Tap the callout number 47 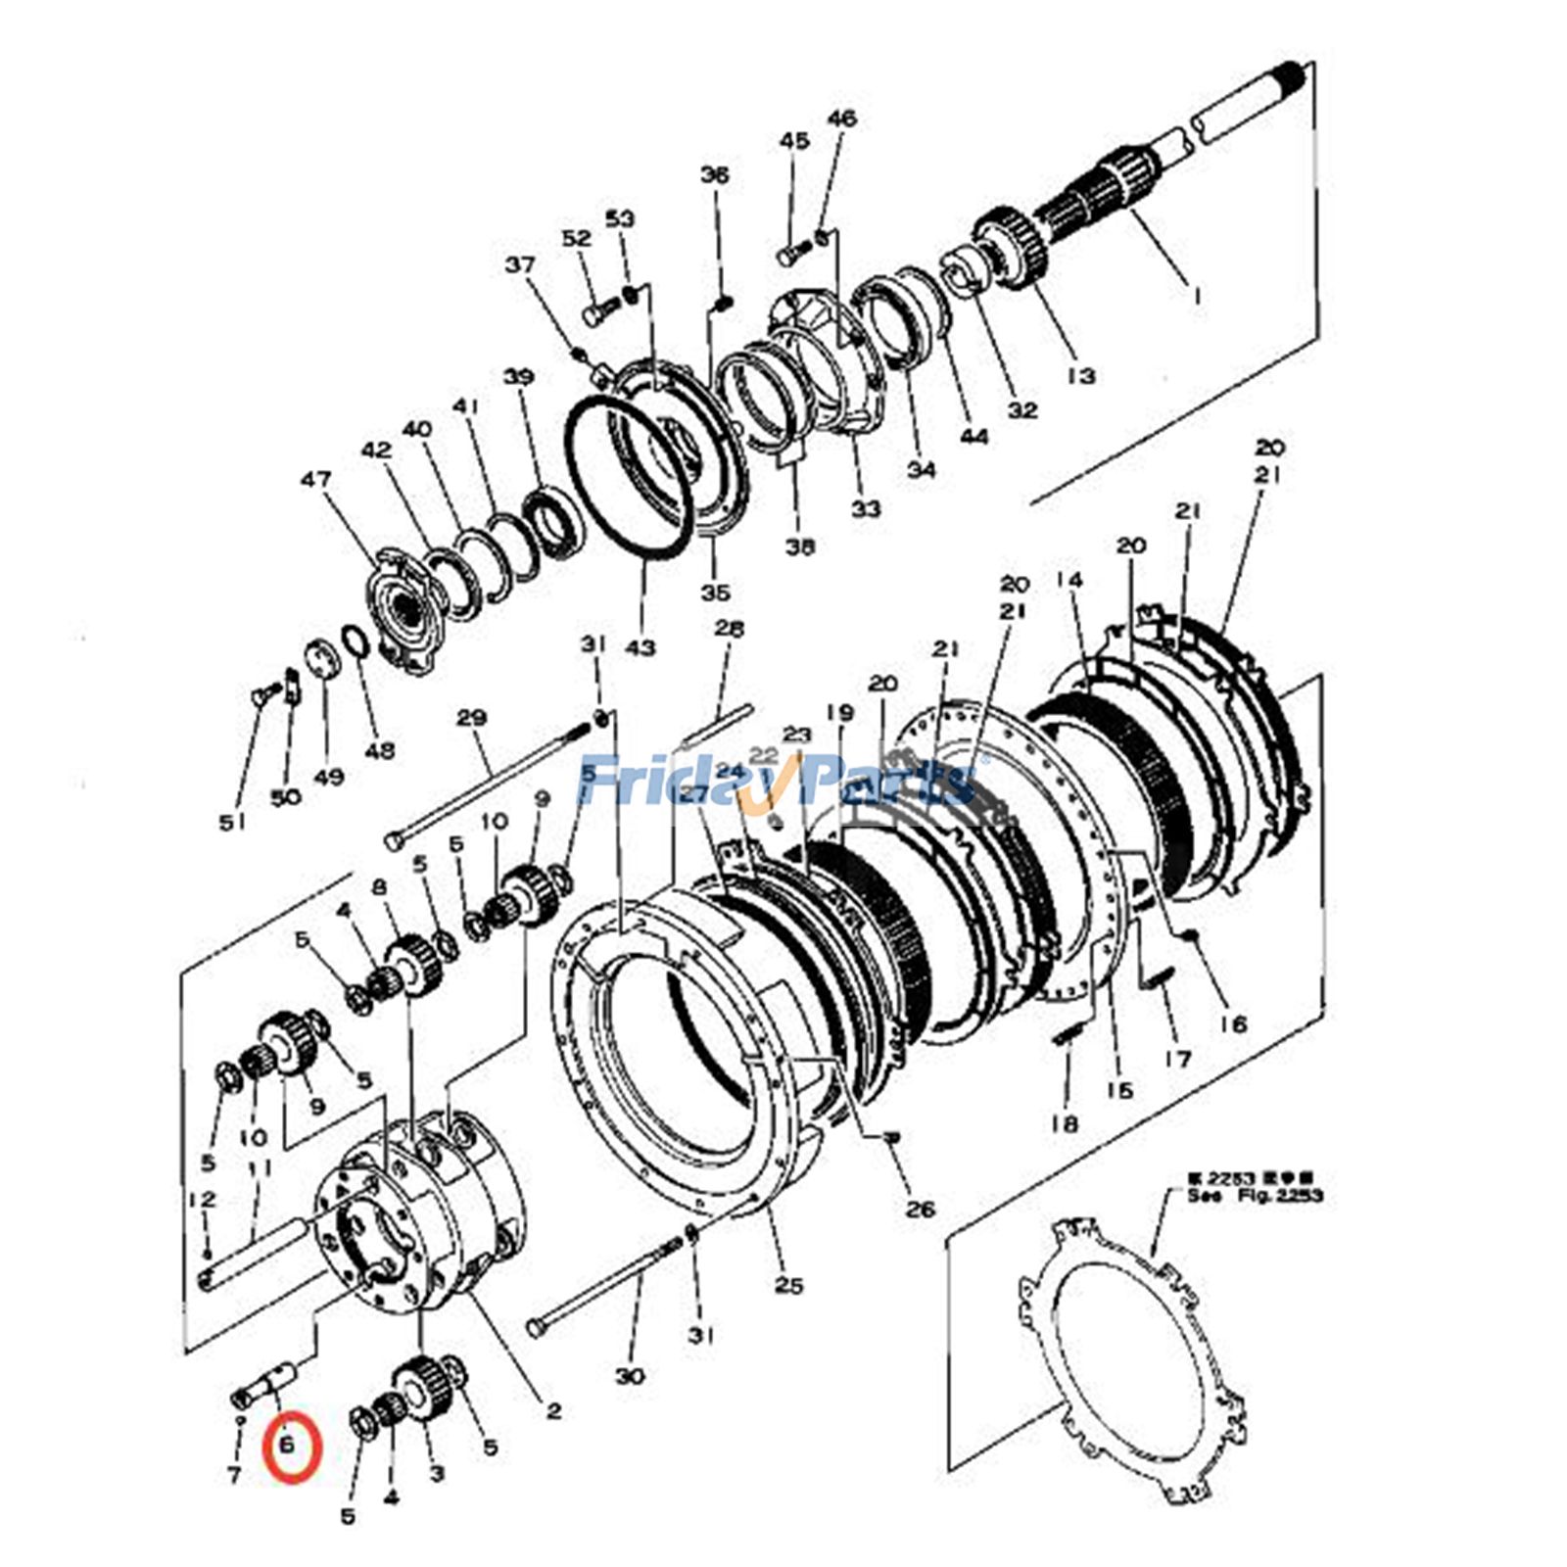(x=315, y=480)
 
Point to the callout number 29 (x=471, y=718)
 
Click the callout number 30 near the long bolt (x=630, y=1376)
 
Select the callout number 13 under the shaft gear (x=1080, y=375)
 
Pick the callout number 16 (x=1233, y=1023)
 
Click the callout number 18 (x=1065, y=1123)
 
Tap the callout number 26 (x=921, y=1209)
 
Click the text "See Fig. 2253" (x=1255, y=1196)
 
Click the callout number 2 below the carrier (x=553, y=1411)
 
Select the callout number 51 (x=231, y=823)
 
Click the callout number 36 (x=715, y=175)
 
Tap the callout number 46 (x=841, y=119)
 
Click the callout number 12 (x=201, y=1200)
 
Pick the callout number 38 (x=799, y=546)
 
